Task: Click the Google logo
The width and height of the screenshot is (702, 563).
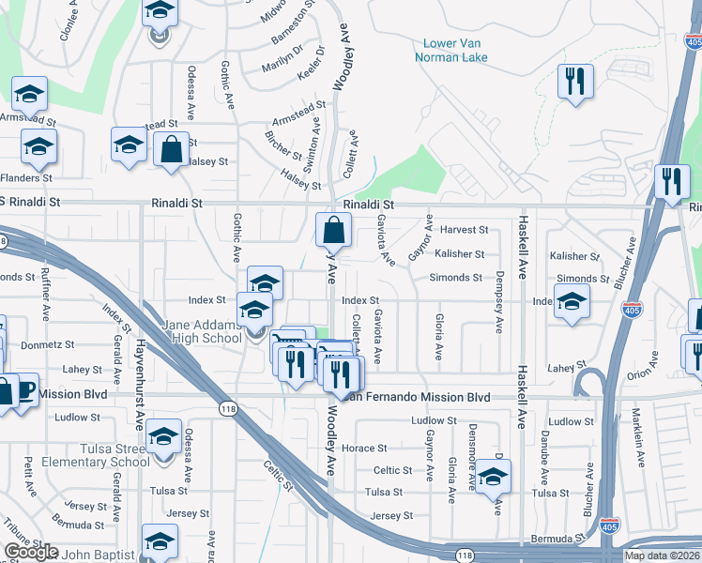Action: (x=31, y=552)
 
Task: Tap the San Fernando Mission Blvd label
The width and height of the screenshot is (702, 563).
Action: (x=418, y=397)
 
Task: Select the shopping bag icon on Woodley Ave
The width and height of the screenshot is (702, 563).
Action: (x=334, y=230)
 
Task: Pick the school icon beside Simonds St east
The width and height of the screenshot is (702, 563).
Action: (x=571, y=303)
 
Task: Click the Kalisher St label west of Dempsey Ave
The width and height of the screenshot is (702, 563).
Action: (x=459, y=254)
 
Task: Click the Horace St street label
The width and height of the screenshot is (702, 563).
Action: (x=358, y=448)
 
